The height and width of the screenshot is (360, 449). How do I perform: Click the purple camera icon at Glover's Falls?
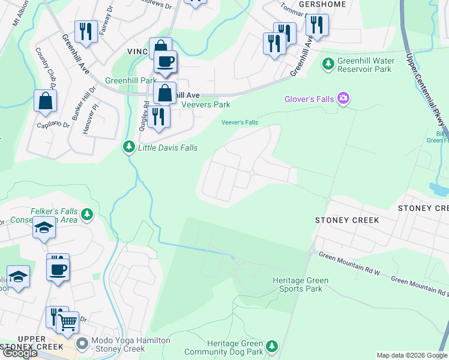point(343,98)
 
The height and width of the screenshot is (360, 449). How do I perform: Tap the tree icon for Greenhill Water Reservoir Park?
point(328,63)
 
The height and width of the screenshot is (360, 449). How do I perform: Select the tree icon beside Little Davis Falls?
point(128,146)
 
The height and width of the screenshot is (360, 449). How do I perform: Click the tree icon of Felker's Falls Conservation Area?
point(88,214)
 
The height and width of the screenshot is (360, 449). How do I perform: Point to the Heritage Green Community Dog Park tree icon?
point(272,346)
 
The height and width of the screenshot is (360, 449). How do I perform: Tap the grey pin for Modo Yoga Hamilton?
point(82,344)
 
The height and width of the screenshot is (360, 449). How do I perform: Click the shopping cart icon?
point(67,323)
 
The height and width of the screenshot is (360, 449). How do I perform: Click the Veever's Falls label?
point(240,122)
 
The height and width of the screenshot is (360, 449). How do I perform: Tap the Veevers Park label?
point(206,104)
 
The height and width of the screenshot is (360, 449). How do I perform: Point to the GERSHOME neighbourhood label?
point(306,4)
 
